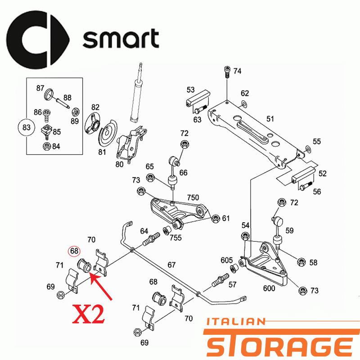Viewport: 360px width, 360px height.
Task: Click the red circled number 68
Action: [x=74, y=251]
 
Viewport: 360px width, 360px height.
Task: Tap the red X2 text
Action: [x=88, y=314]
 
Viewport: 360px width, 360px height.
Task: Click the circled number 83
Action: [x=27, y=127]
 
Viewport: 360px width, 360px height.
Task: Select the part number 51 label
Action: [x=270, y=119]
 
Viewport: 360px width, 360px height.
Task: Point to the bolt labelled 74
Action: [x=227, y=72]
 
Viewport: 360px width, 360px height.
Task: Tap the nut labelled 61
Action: [x=216, y=219]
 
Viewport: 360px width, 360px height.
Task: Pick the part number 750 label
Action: [x=193, y=198]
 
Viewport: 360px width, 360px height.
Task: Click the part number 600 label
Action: [x=269, y=288]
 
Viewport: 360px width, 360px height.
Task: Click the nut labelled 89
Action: [x=76, y=112]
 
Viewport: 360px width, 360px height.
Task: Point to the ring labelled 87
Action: [x=49, y=94]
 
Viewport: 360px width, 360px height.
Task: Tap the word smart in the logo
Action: [x=121, y=38]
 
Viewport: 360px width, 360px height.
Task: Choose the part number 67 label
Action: [x=171, y=265]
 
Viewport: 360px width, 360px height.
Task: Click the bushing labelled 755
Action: [x=167, y=230]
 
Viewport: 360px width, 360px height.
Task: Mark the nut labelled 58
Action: [x=301, y=262]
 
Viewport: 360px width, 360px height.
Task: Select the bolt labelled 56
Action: [x=306, y=185]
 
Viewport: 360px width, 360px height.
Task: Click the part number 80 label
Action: [x=119, y=164]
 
